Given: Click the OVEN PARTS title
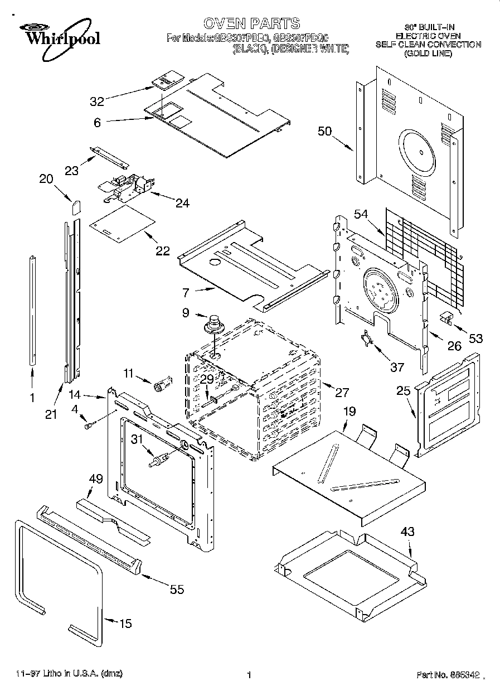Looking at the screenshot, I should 251,23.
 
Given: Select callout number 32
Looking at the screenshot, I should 97,101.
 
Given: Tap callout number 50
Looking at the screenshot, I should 324,132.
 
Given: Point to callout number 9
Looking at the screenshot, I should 186,313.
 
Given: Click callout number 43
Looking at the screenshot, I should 407,532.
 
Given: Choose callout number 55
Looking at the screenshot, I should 177,589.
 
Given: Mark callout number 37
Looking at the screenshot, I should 397,367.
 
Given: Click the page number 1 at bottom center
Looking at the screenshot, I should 249,675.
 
